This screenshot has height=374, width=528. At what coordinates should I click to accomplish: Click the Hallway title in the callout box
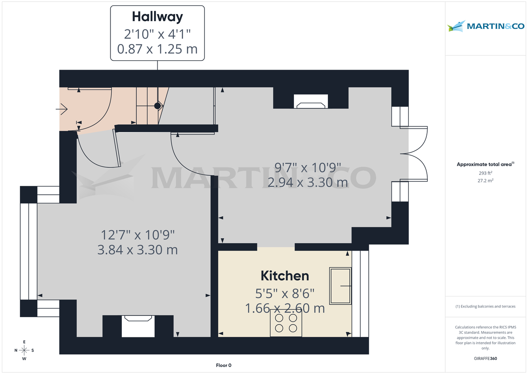(157, 17)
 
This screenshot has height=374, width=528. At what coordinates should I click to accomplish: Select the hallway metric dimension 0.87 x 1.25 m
(157, 49)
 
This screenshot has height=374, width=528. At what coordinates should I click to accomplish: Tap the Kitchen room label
(285, 276)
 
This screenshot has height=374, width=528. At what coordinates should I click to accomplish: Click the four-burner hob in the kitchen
(286, 323)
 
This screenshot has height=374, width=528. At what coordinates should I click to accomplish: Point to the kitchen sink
(341, 285)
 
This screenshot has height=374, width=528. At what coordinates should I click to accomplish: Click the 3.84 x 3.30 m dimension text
(137, 250)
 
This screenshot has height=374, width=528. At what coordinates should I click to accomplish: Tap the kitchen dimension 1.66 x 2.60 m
(285, 308)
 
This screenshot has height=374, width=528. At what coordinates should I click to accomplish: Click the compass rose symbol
(24, 350)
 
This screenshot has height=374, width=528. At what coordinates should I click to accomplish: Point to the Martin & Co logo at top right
(486, 26)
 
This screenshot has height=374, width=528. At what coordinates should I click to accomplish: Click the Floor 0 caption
(224, 365)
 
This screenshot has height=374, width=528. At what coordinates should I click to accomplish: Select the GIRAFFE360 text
(485, 359)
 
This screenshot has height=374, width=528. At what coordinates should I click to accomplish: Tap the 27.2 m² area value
(485, 181)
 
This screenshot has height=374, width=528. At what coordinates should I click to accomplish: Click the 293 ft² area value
(485, 173)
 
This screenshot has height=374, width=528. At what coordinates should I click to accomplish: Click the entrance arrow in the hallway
(61, 108)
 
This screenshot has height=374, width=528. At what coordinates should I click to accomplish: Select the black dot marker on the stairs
(157, 106)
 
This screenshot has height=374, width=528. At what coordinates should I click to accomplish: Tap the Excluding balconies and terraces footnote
(485, 306)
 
